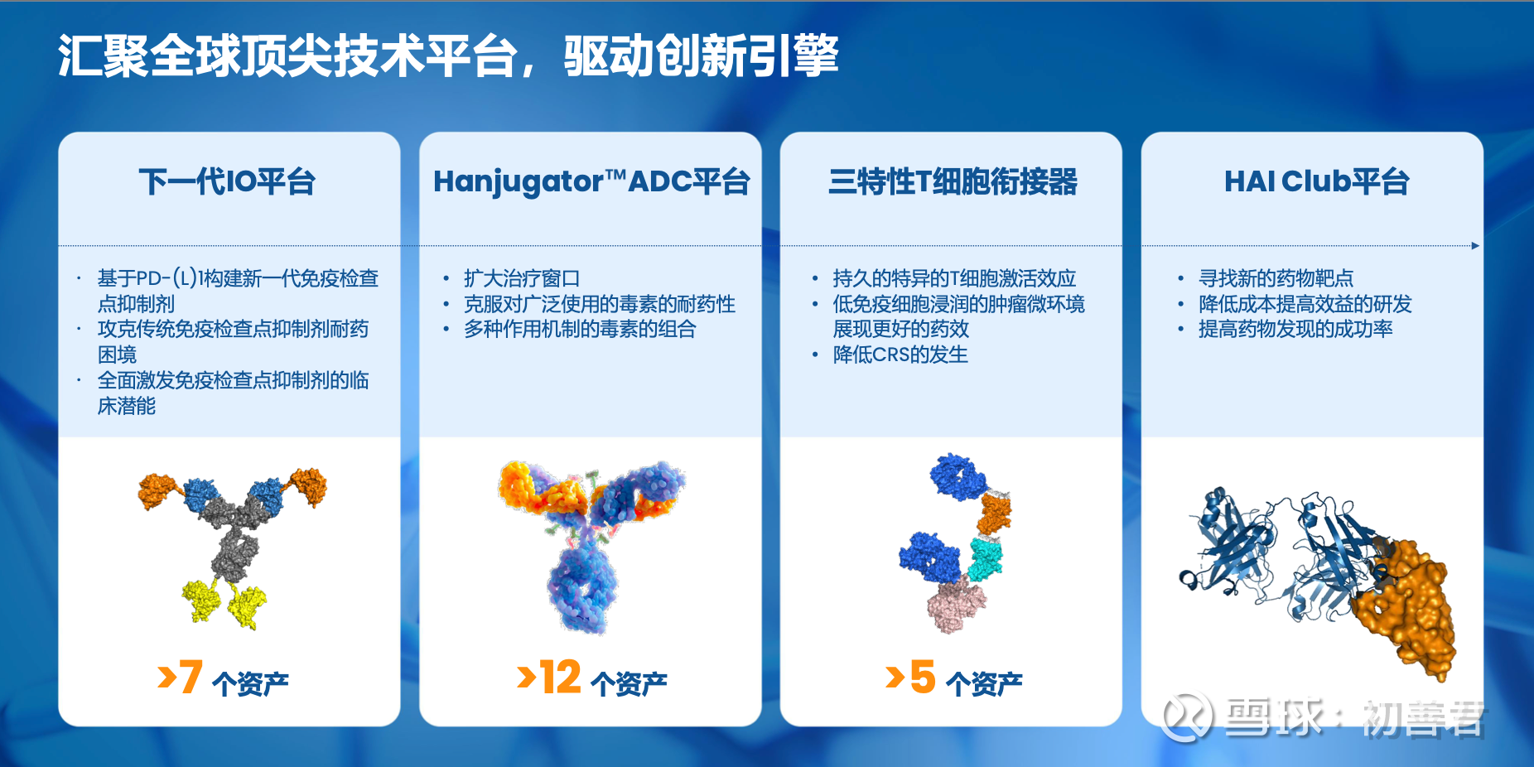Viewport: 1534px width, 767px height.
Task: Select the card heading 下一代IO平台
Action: point(228,181)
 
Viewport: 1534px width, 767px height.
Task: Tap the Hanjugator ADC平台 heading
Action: point(591,182)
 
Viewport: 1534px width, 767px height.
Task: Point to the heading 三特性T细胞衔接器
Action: point(953,181)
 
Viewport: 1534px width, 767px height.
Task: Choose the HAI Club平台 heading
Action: point(1316,181)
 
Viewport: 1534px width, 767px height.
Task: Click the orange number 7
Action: point(191,676)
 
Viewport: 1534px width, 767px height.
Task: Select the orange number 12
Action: point(561,677)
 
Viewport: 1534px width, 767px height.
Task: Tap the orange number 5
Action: point(923,677)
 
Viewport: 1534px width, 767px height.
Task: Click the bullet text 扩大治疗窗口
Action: point(522,278)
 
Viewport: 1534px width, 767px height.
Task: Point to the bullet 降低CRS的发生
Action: point(900,355)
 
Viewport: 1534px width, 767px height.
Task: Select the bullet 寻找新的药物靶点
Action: point(1276,278)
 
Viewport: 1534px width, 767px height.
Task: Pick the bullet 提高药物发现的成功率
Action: point(1295,329)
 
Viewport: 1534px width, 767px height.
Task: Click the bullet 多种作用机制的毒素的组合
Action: point(580,329)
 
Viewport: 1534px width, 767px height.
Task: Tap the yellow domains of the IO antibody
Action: point(224,603)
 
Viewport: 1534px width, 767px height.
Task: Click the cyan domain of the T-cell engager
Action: point(985,557)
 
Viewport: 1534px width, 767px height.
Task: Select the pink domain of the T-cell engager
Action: point(957,605)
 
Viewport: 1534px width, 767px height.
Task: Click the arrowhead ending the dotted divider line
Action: point(1475,246)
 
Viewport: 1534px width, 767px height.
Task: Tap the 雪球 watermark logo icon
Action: point(1187,717)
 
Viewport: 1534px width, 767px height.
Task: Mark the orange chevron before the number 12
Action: point(526,676)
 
